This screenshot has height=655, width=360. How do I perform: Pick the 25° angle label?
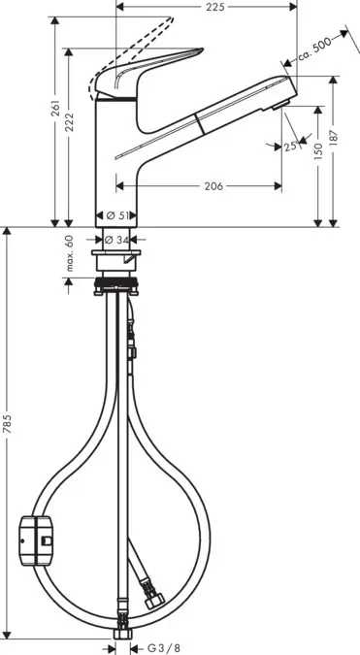click(289, 147)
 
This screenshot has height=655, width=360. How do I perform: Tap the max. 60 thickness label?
click(70, 253)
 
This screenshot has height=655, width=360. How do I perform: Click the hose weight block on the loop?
click(36, 536)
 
